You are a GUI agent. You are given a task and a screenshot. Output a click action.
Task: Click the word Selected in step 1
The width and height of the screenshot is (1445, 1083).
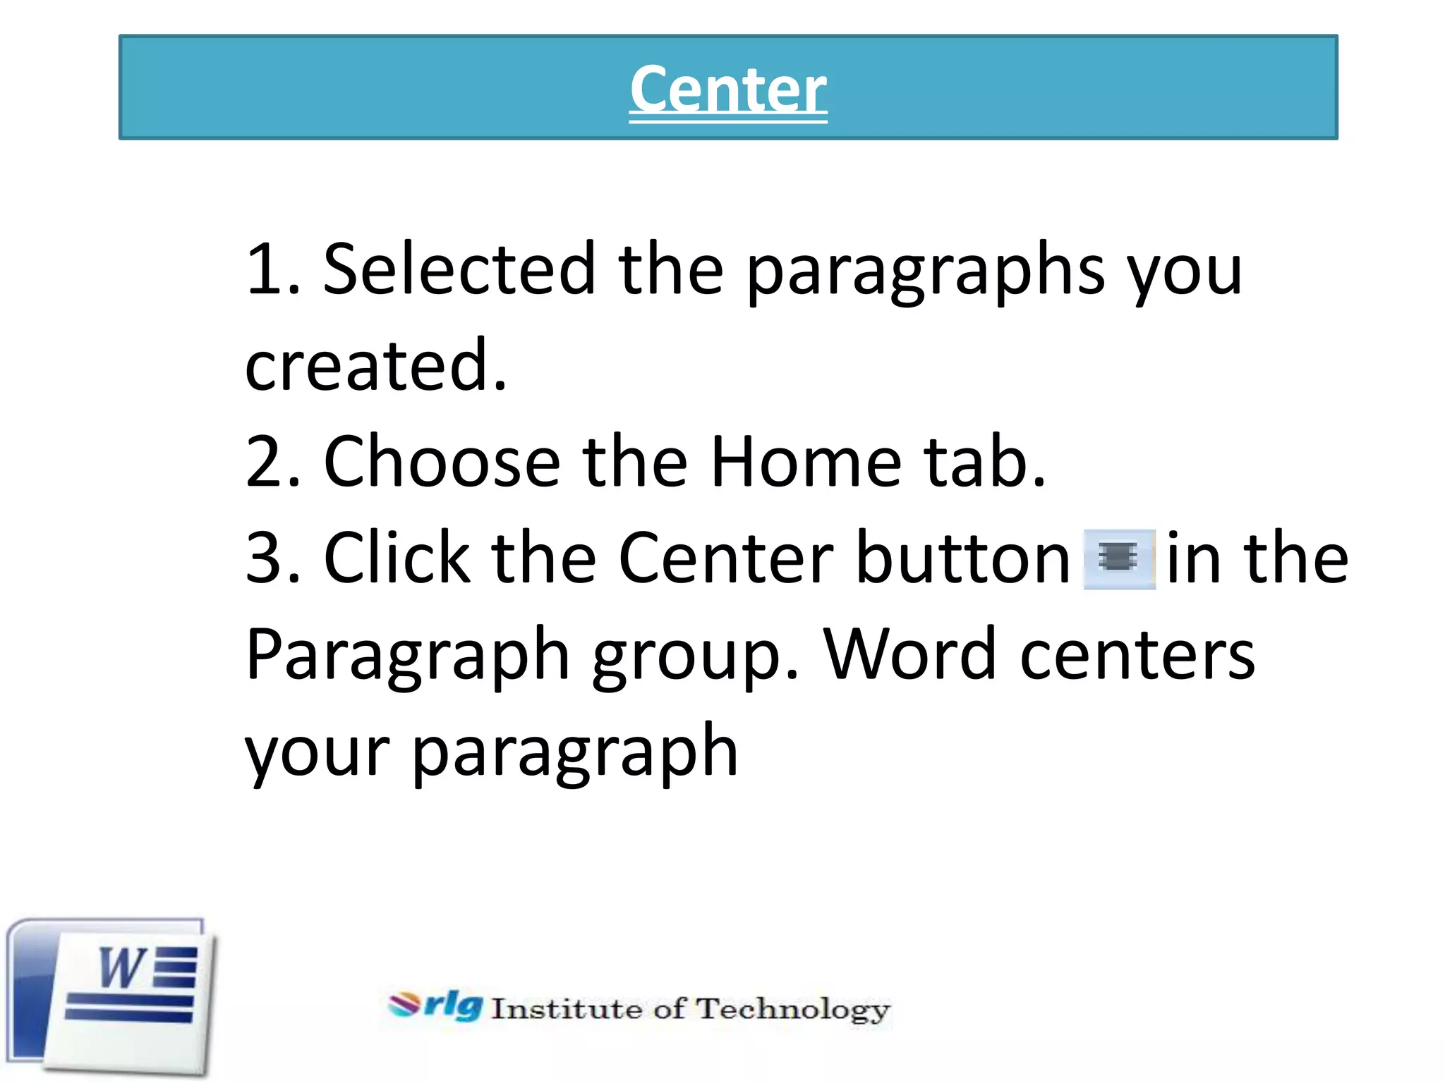click(x=459, y=269)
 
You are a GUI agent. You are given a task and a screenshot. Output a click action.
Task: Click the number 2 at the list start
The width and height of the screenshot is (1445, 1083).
click(x=262, y=462)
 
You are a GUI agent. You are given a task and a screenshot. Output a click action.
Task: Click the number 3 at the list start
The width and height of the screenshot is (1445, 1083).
click(x=262, y=558)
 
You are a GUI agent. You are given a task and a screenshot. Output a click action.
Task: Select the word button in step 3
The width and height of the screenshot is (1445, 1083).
click(x=964, y=558)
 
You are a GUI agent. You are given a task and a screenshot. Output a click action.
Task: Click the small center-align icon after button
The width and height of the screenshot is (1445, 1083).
click(x=1119, y=558)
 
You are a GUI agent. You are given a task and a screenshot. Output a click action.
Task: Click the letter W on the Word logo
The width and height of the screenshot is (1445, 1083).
click(x=121, y=968)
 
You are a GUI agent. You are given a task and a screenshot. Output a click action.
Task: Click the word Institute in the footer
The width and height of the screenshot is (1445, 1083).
click(x=565, y=1009)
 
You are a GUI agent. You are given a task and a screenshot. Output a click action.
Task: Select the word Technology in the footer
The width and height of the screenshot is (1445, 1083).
click(x=793, y=1010)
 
